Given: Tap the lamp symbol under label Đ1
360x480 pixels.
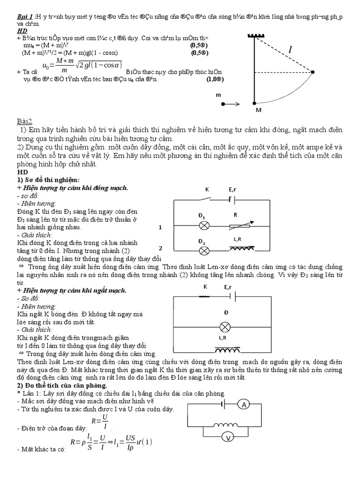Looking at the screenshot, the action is [x=204, y=225].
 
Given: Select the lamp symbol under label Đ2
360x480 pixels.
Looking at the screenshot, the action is [x=204, y=251].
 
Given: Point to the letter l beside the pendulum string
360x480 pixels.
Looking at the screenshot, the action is [x=291, y=50].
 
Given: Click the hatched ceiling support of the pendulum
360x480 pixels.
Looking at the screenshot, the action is [x=254, y=36].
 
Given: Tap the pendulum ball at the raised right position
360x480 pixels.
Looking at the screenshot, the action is [x=313, y=72].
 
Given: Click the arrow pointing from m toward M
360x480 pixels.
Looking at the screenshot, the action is [x=230, y=104].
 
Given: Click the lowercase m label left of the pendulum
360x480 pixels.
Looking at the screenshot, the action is [x=218, y=94].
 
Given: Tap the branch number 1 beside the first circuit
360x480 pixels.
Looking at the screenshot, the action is [x=160, y=227].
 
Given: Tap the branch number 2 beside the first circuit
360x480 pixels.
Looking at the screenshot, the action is [x=160, y=248].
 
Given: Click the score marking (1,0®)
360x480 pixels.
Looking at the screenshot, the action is [x=215, y=80].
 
